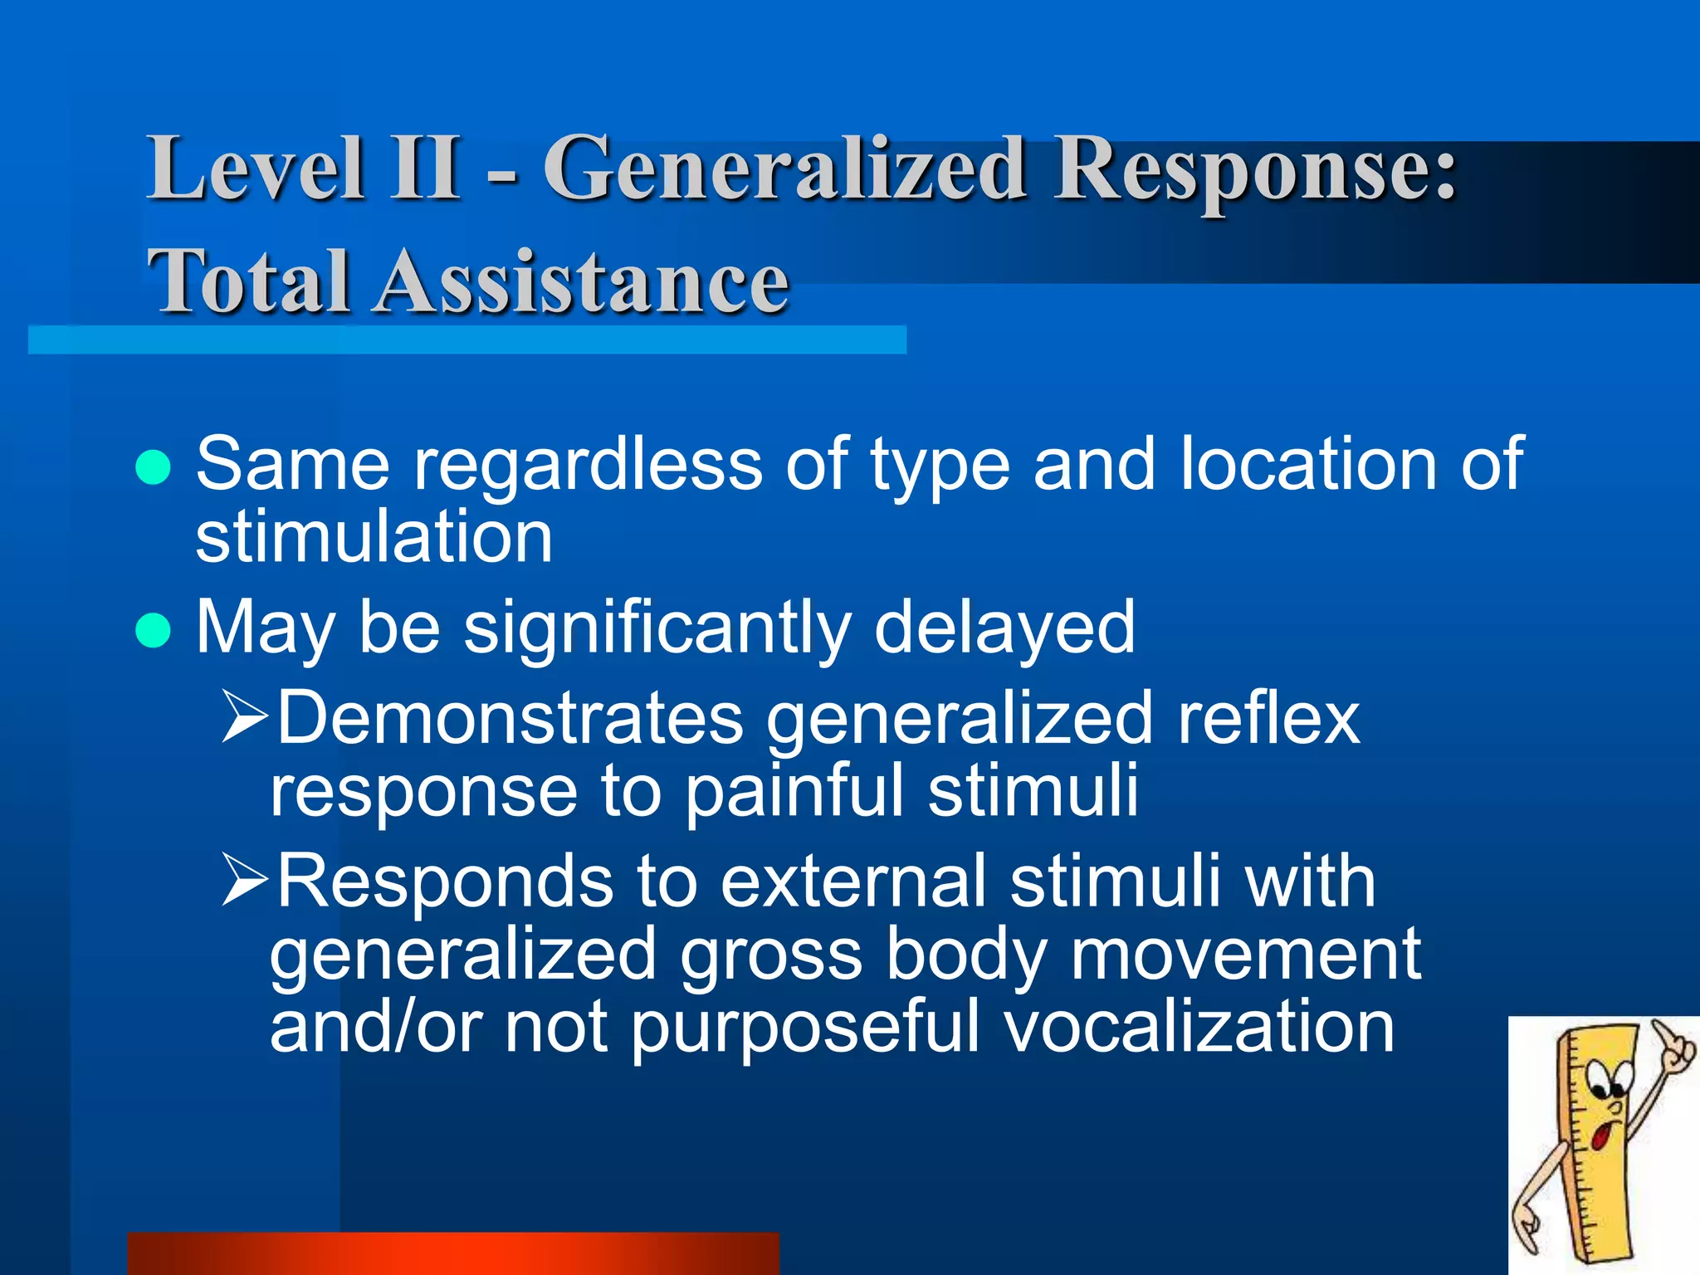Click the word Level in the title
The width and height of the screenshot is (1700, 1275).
[256, 169]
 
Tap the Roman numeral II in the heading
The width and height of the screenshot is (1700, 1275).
[427, 169]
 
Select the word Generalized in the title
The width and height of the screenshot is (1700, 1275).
[784, 170]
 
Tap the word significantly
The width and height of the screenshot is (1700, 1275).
[657, 629]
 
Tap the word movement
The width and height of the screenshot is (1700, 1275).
[1245, 955]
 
